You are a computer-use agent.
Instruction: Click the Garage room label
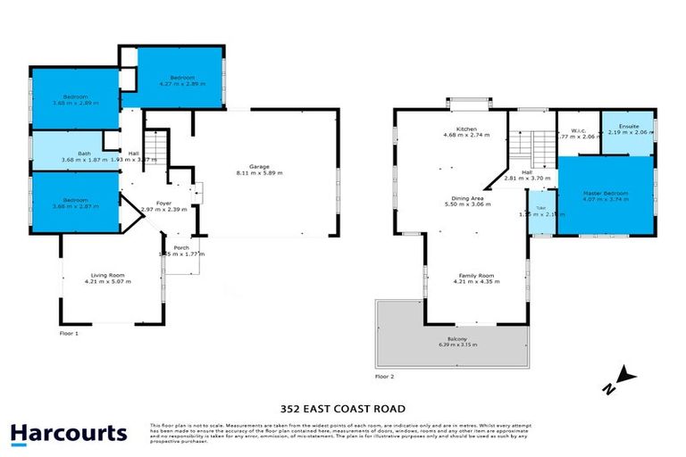point(259,167)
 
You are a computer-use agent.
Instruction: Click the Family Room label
point(475,276)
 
